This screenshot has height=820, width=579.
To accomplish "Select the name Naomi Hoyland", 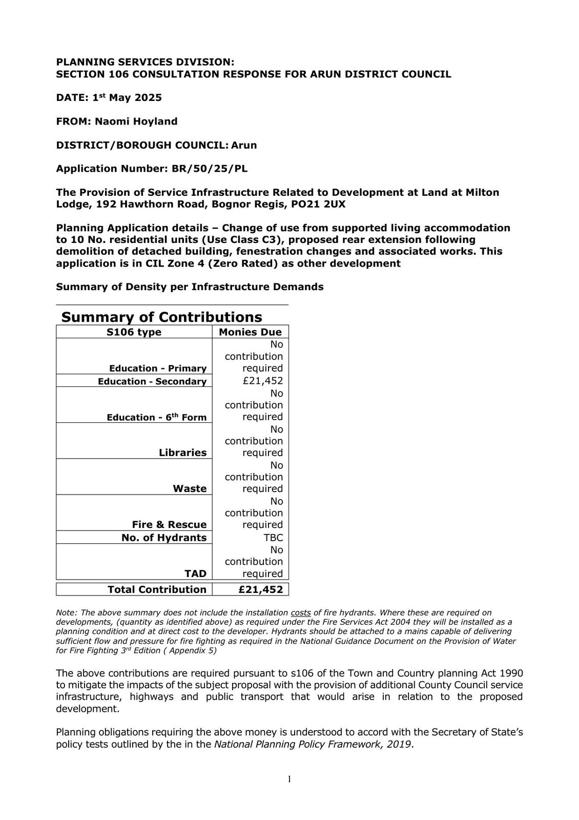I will tap(136, 121).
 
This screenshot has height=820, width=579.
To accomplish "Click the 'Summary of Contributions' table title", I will tap(161, 317).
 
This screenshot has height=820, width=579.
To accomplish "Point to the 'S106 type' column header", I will tap(134, 332).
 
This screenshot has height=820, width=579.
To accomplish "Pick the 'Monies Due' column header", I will tap(250, 332).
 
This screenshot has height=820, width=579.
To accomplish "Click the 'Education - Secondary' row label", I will tap(152, 381).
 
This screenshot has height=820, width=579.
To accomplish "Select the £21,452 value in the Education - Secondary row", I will tap(263, 381).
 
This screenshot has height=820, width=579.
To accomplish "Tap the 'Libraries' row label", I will tap(182, 453).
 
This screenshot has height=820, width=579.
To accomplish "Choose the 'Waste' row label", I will tap(190, 488).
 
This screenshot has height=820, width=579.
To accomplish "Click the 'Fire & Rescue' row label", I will tap(169, 524).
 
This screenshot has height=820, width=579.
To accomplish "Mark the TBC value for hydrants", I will tap(273, 538).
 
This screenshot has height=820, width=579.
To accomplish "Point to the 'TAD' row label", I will tap(196, 573).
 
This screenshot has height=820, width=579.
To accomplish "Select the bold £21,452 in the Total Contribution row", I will tap(261, 589).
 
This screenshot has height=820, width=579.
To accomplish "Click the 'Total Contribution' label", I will tap(157, 589).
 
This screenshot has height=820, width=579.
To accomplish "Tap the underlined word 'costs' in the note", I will tap(301, 612).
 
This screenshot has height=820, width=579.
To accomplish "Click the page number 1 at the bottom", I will tap(289, 780).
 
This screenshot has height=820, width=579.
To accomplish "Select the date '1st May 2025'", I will tap(127, 97).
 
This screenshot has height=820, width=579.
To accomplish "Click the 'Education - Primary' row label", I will tap(158, 368).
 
